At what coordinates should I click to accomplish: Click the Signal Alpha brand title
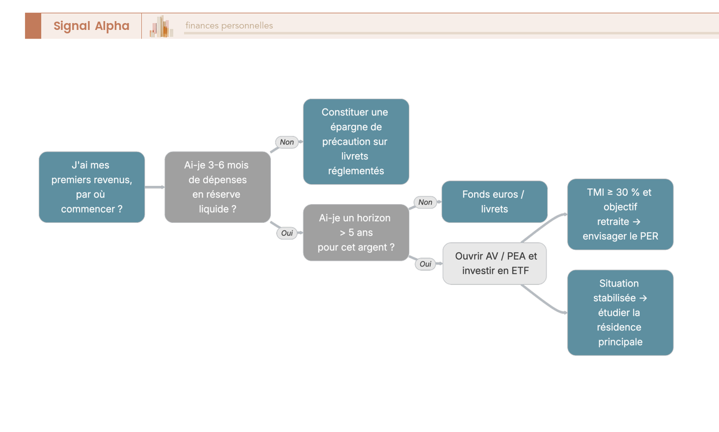pyautogui.click(x=92, y=26)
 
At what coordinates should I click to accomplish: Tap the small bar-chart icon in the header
pyautogui.click(x=161, y=26)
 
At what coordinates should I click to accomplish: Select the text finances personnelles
pyautogui.click(x=229, y=25)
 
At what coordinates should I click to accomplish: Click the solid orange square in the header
pyautogui.click(x=33, y=26)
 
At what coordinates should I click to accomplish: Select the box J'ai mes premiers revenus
pyautogui.click(x=92, y=187)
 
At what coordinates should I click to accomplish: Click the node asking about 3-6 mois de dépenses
pyautogui.click(x=217, y=187)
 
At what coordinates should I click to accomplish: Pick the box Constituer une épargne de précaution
pyautogui.click(x=356, y=141)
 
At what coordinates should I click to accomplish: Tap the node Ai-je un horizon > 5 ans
pyautogui.click(x=356, y=232)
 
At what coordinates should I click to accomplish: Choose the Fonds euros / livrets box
pyautogui.click(x=494, y=201)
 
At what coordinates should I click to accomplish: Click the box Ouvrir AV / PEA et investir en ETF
pyautogui.click(x=494, y=264)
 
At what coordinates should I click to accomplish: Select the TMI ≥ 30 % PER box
pyautogui.click(x=620, y=214)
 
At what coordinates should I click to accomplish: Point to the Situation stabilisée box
pyautogui.click(x=620, y=313)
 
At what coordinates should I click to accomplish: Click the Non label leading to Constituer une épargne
pyautogui.click(x=286, y=142)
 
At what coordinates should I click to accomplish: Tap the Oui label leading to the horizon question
pyautogui.click(x=287, y=233)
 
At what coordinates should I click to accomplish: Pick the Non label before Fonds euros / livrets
pyautogui.click(x=425, y=202)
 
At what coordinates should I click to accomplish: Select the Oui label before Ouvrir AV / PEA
pyautogui.click(x=425, y=264)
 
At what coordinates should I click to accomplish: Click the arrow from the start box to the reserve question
pyautogui.click(x=155, y=187)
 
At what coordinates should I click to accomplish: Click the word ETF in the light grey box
pyautogui.click(x=520, y=271)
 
